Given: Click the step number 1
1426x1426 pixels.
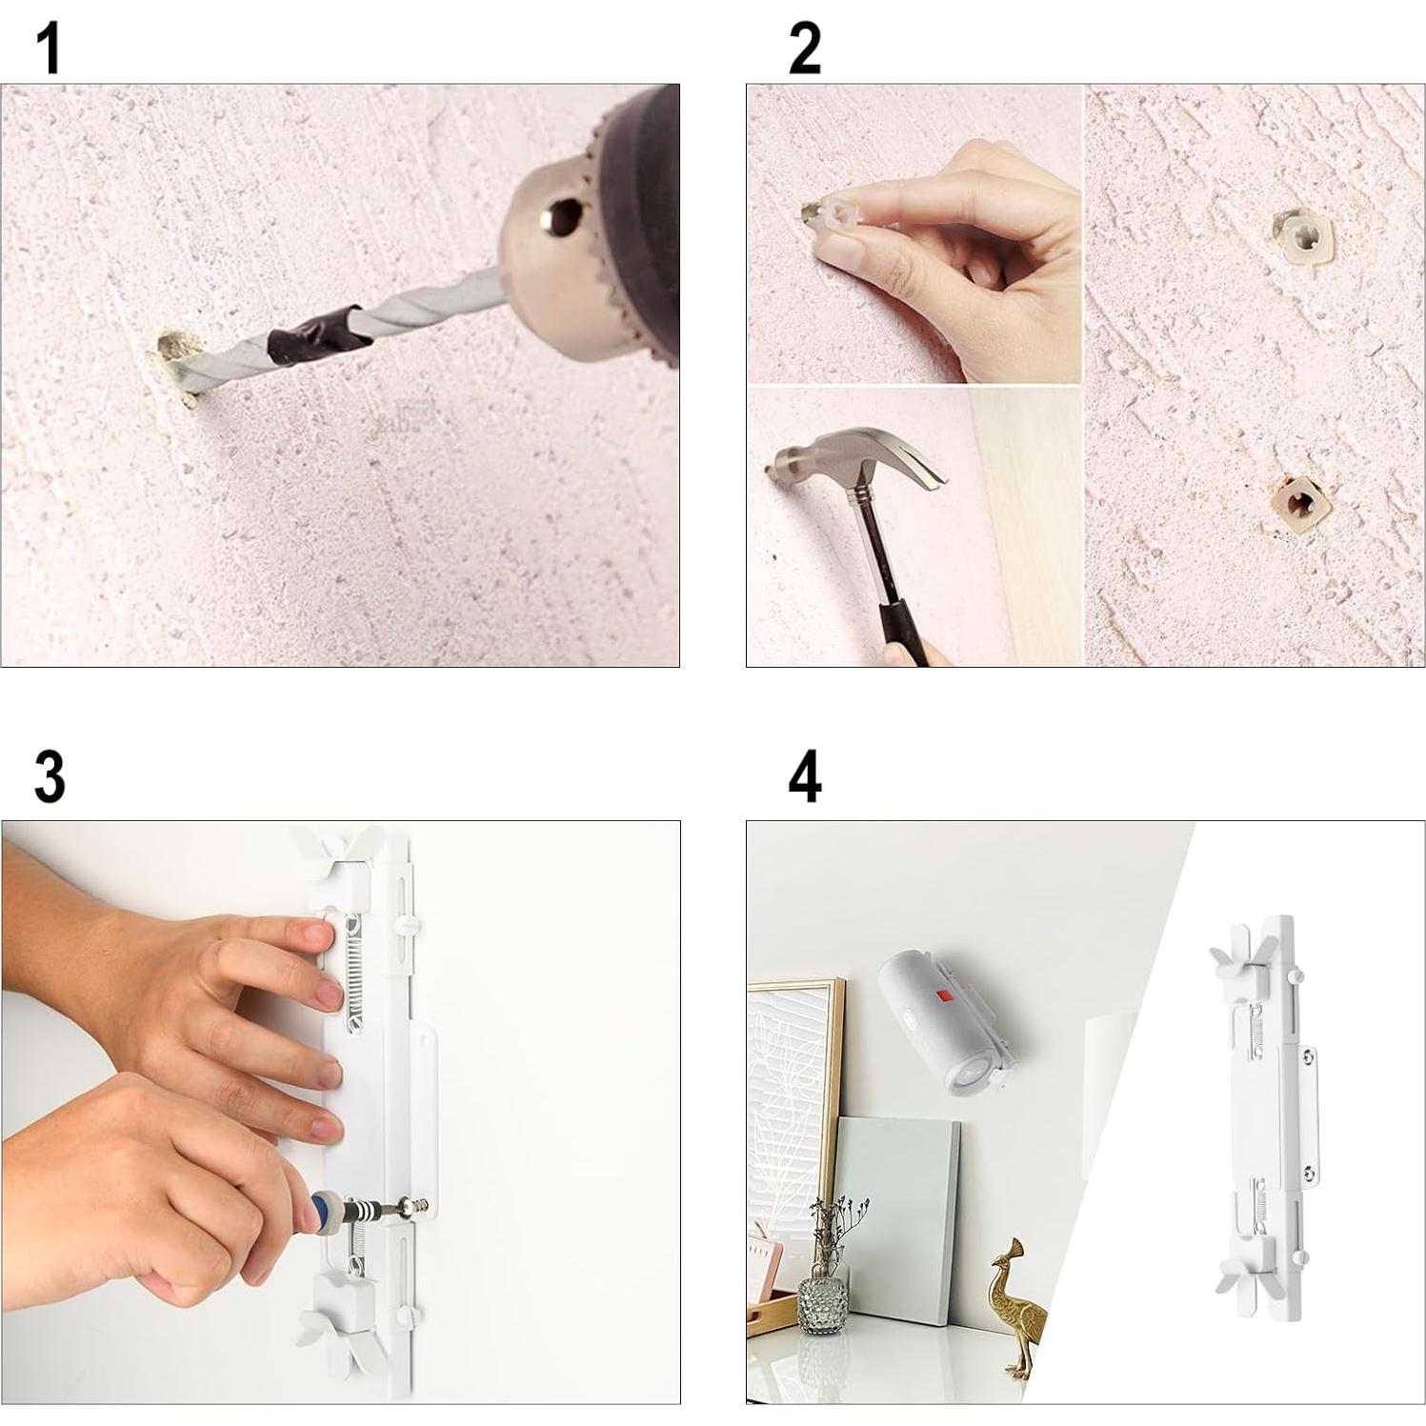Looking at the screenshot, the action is tap(49, 50).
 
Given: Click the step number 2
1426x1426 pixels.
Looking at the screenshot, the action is tap(805, 50).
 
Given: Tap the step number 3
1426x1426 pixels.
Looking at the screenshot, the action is tap(50, 776).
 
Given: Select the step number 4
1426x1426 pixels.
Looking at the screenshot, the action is tap(805, 776).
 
